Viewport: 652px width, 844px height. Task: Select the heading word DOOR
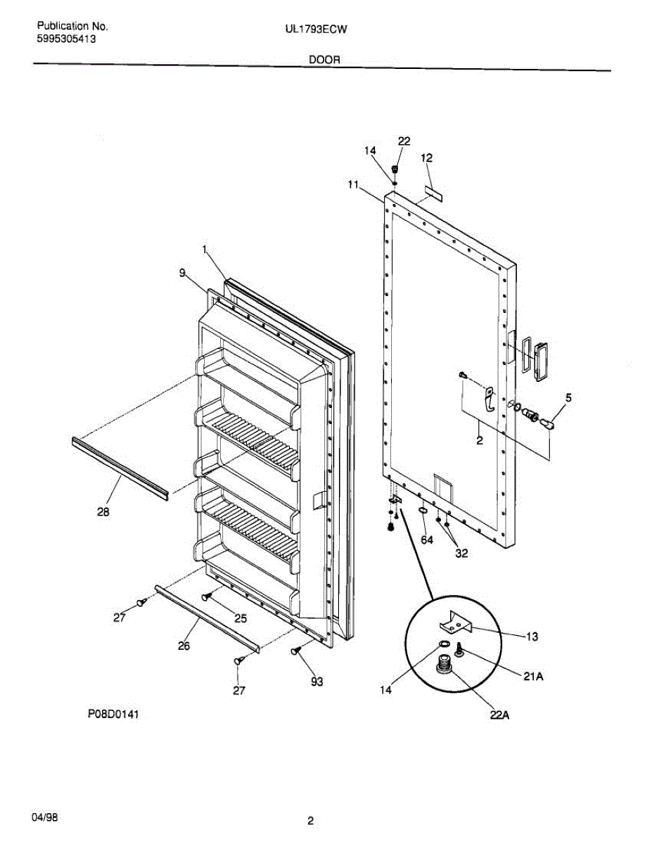click(324, 60)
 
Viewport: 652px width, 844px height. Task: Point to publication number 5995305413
click(67, 39)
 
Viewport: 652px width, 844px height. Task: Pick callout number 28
click(103, 513)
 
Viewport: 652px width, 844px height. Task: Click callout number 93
click(317, 681)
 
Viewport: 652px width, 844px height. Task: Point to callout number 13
click(532, 637)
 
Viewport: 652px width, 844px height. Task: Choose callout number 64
click(427, 539)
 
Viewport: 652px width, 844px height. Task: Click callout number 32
click(461, 553)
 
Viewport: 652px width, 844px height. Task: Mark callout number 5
click(568, 397)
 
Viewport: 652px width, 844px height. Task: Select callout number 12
click(426, 158)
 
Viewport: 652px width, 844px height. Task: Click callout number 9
click(182, 274)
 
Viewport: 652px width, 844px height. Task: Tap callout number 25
click(241, 618)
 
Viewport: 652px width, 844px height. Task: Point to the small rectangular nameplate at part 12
click(433, 193)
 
